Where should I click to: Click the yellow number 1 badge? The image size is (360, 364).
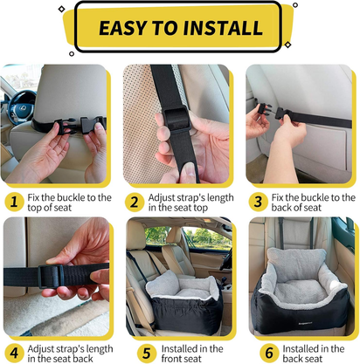pos(14,203)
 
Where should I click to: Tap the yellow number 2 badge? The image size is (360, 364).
pos(135,203)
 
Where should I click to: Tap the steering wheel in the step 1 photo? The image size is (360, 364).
pos(12,100)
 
